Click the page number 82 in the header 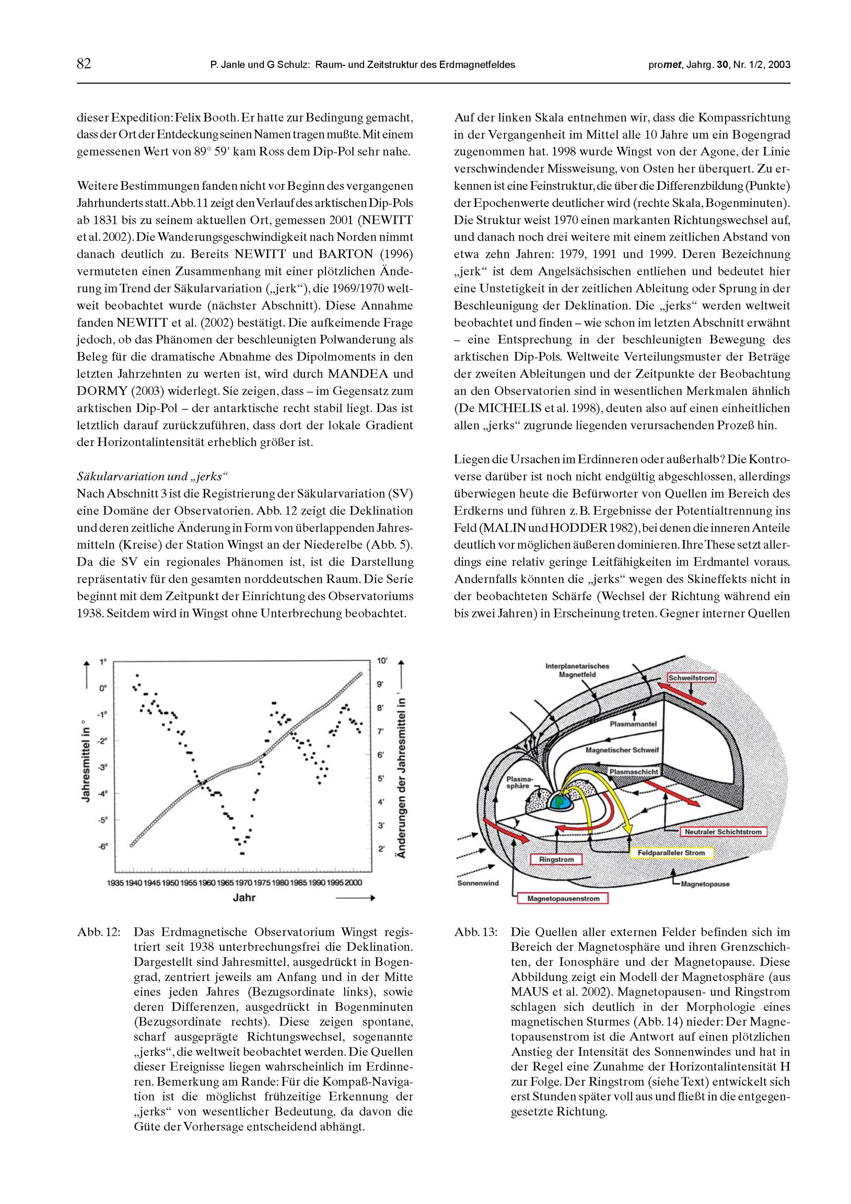coord(84,64)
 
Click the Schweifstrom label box coord(691,678)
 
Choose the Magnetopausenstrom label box coord(563,899)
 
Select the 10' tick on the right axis coord(382,661)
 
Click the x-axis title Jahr coord(244,898)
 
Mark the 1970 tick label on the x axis coord(244,883)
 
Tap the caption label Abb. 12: coord(99,932)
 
